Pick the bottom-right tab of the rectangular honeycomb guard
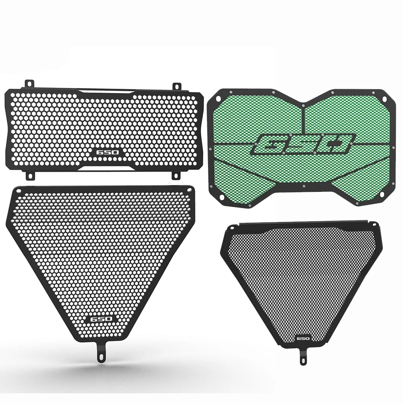[176, 175]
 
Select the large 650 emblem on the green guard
[302, 144]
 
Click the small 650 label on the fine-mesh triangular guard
[303, 338]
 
